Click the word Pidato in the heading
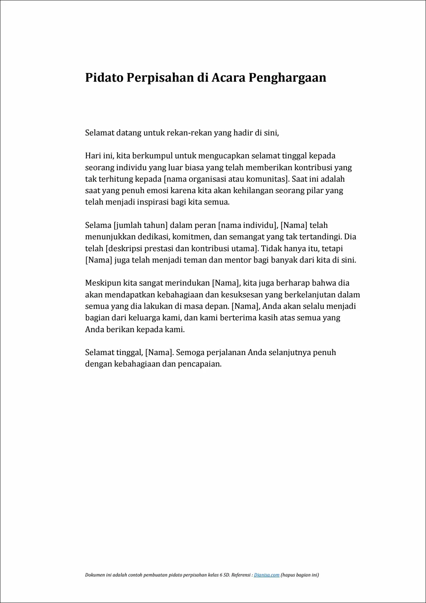(104, 78)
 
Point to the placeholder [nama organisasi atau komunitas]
(226, 179)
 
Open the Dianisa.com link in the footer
(267, 575)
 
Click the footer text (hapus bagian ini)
(300, 575)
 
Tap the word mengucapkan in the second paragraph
(223, 156)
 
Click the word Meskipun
(103, 283)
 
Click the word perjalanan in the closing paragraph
(222, 353)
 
